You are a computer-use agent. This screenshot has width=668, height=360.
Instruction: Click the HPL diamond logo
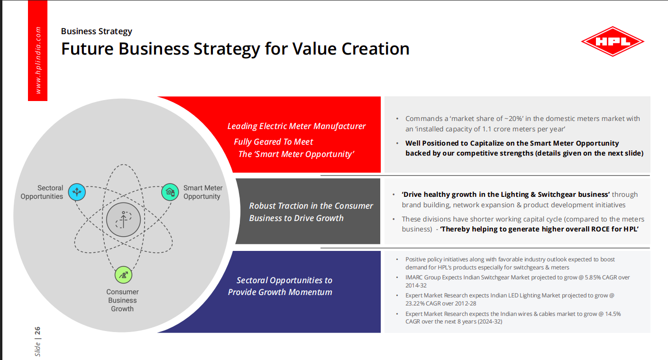click(613, 42)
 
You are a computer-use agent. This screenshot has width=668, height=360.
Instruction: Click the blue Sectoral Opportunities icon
click(76, 192)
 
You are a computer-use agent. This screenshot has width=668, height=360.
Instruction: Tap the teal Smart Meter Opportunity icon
click(170, 192)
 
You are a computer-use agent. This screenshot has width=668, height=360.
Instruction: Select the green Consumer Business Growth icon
click(123, 275)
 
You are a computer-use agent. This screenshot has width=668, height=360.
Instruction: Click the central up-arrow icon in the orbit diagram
click(123, 220)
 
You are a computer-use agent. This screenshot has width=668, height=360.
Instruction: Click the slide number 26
click(37, 331)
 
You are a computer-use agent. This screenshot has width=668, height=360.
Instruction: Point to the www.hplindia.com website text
click(38, 60)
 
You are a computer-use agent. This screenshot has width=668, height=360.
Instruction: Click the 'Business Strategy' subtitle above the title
click(96, 31)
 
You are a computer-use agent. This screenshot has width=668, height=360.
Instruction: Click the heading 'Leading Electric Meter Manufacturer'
click(296, 126)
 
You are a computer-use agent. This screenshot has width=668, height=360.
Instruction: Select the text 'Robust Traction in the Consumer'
click(311, 206)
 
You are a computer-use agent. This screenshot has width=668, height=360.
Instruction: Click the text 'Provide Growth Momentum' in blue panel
click(280, 292)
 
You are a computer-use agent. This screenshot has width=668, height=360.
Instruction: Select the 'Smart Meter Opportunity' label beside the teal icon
click(202, 192)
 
